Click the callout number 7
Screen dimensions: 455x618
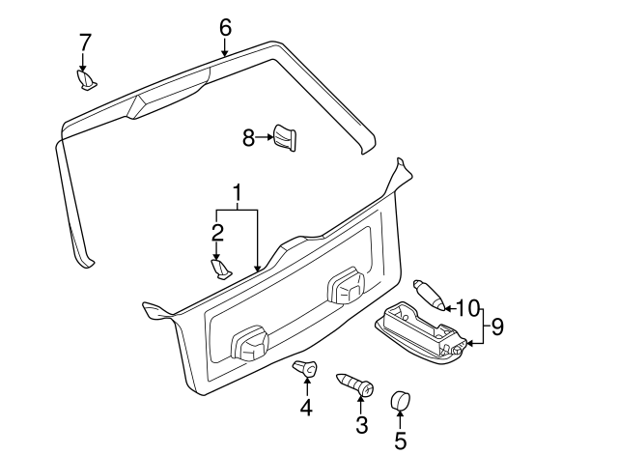coord(85,42)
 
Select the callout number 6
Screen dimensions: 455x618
coord(225,27)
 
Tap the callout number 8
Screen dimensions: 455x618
coord(248,139)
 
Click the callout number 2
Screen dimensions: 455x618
coord(217,232)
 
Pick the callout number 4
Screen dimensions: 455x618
coord(306,409)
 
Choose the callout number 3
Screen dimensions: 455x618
coord(362,424)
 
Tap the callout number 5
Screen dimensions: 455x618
coord(400,441)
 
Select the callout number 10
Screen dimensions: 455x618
coord(467,309)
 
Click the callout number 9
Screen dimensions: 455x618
coord(497,327)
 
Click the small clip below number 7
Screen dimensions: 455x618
coord(85,78)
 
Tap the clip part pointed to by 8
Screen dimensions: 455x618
coord(283,137)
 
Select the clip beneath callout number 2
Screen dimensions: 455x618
coord(221,268)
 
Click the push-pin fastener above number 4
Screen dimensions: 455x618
coord(305,369)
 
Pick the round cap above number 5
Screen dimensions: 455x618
coord(400,401)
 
